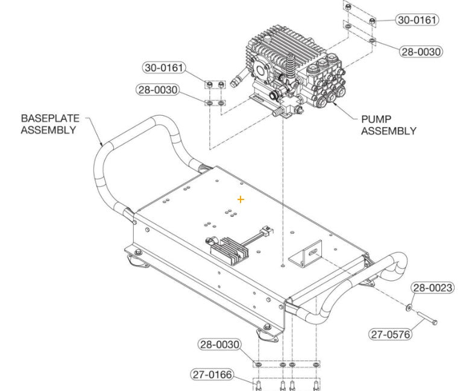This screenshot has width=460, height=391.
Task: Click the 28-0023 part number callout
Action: click(432, 288)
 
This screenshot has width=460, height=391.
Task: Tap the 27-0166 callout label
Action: click(212, 374)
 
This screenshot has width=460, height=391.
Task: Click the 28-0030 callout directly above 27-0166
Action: click(219, 345)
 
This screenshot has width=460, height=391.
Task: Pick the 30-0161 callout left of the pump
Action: click(164, 67)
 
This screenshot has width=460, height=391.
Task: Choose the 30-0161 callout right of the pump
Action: click(417, 20)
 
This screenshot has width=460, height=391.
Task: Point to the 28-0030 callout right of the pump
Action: click(421, 52)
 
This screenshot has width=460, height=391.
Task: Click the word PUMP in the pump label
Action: click(376, 119)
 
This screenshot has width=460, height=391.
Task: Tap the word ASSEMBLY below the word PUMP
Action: click(388, 131)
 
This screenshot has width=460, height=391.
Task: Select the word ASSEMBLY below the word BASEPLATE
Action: click(49, 129)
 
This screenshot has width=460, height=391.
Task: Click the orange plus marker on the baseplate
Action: click(241, 199)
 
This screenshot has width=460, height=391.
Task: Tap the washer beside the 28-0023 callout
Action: click(409, 308)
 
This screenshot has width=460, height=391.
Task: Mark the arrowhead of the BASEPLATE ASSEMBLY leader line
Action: click(102, 145)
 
